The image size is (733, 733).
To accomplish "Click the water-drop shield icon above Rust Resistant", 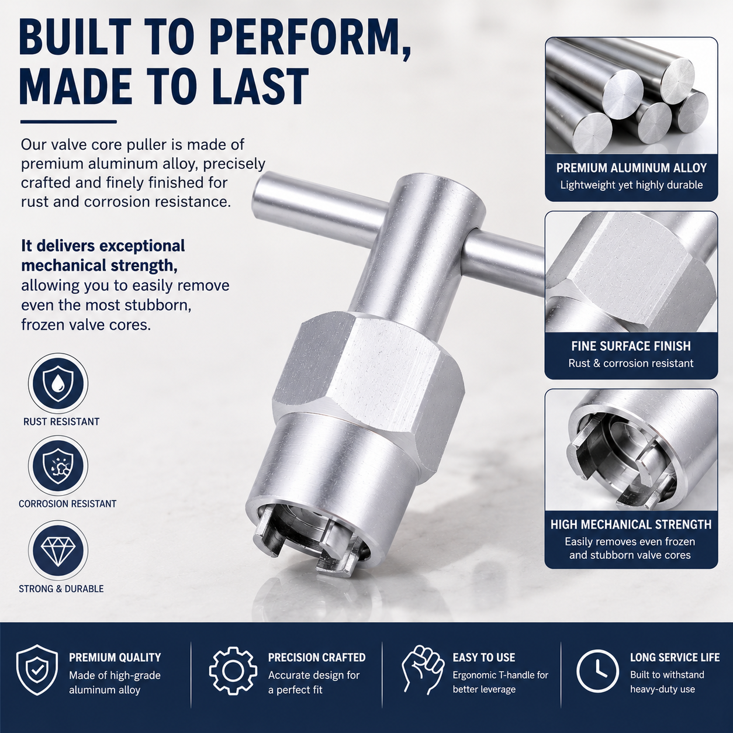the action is coord(58,383).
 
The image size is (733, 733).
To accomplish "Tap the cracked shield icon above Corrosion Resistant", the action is coord(58,466).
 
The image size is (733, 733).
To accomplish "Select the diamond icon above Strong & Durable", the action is coord(58,551).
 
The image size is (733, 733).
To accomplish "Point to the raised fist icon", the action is coord(423,670).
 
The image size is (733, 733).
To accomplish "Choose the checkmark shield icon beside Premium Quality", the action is coord(37,670).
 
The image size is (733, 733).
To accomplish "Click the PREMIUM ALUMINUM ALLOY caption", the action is coord(631,168).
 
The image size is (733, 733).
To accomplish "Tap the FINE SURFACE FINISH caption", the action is coord(631,346).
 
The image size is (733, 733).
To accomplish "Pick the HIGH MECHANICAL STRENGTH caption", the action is coord(631,524).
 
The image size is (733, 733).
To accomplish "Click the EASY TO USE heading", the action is coord(484,658).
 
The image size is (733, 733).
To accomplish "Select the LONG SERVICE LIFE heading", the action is coord(675,658).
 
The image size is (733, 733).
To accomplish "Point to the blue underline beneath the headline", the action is coord(68,122).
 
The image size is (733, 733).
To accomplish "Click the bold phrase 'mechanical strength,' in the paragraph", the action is coord(99,265).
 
